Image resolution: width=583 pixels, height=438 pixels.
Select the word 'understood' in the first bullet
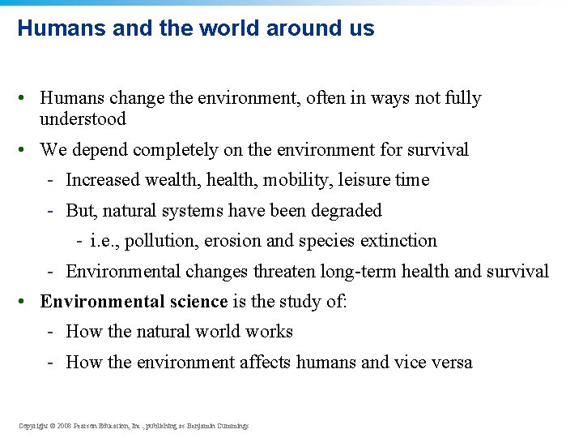pos(83,119)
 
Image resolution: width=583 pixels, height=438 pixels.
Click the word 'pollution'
pos(157,241)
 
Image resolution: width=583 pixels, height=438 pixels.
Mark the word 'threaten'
pos(286,272)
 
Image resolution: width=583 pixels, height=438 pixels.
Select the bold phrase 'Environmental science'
pos(134,302)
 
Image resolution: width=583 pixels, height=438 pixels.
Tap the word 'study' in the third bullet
pos(302,302)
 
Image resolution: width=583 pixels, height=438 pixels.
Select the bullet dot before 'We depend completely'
pos(28,150)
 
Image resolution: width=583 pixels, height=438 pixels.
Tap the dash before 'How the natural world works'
pos(50,333)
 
